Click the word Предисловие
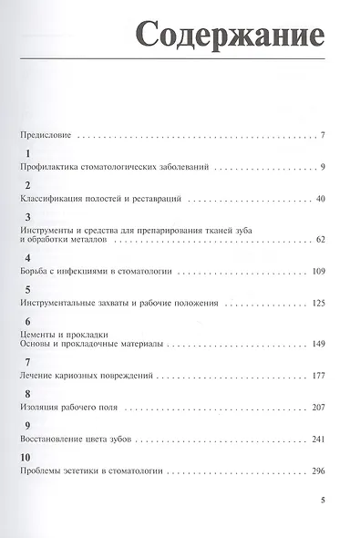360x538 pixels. click(x=44, y=136)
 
